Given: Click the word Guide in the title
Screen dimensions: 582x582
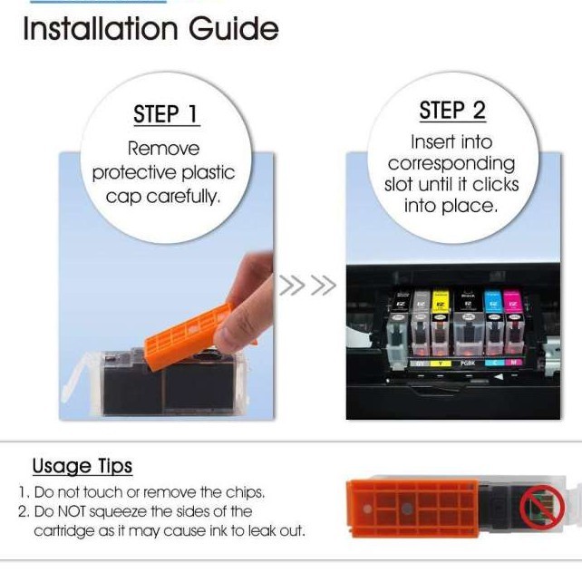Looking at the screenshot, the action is [x=234, y=29].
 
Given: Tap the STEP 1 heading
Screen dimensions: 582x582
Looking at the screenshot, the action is [x=166, y=114].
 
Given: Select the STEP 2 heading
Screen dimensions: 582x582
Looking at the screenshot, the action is [x=452, y=111].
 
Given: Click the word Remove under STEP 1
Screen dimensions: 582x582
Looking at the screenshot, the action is [x=164, y=149].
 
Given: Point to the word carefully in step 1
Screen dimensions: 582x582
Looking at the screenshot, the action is [x=183, y=196].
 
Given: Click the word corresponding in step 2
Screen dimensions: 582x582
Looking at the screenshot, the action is [x=451, y=164].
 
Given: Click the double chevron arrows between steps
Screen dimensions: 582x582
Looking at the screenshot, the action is [x=307, y=285].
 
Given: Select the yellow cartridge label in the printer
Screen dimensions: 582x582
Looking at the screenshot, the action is [x=441, y=302].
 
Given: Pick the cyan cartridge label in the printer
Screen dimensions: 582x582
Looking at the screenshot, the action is [x=493, y=302].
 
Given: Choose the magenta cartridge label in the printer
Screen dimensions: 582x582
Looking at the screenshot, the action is [x=512, y=302].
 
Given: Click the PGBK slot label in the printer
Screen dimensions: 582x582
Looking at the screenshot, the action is [x=468, y=363].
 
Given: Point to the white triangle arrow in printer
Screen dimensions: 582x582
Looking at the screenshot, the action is [x=499, y=377].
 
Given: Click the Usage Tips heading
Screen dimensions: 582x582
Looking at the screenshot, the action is [x=82, y=466].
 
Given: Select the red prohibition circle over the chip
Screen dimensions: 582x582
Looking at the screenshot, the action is [x=542, y=507].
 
